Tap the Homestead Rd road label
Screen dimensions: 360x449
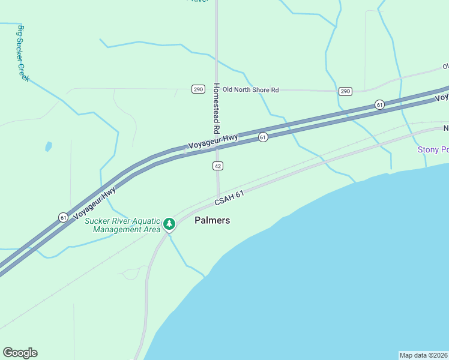pos(215,108)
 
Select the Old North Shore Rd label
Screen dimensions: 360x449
pos(250,90)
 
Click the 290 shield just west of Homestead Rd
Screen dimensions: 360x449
pos(199,89)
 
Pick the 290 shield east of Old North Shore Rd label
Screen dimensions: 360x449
pos(345,91)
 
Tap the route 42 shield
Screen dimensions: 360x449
pos(218,166)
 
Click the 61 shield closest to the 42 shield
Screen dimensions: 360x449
pos(263,138)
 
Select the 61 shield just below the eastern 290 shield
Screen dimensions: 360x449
pos(379,104)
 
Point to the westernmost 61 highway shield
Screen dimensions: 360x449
pos(63,217)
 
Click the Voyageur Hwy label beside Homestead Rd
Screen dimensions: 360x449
pos(213,142)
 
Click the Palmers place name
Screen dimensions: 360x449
pos(212,220)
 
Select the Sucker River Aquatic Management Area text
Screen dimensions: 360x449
pos(122,224)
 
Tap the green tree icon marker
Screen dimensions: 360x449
pos(169,224)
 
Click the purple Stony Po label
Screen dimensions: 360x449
pos(433,149)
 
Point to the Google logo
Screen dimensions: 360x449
pos(20,353)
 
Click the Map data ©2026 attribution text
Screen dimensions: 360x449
pos(423,355)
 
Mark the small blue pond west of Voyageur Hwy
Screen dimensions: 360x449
pos(48,146)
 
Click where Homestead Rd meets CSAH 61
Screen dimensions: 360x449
pos(218,196)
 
